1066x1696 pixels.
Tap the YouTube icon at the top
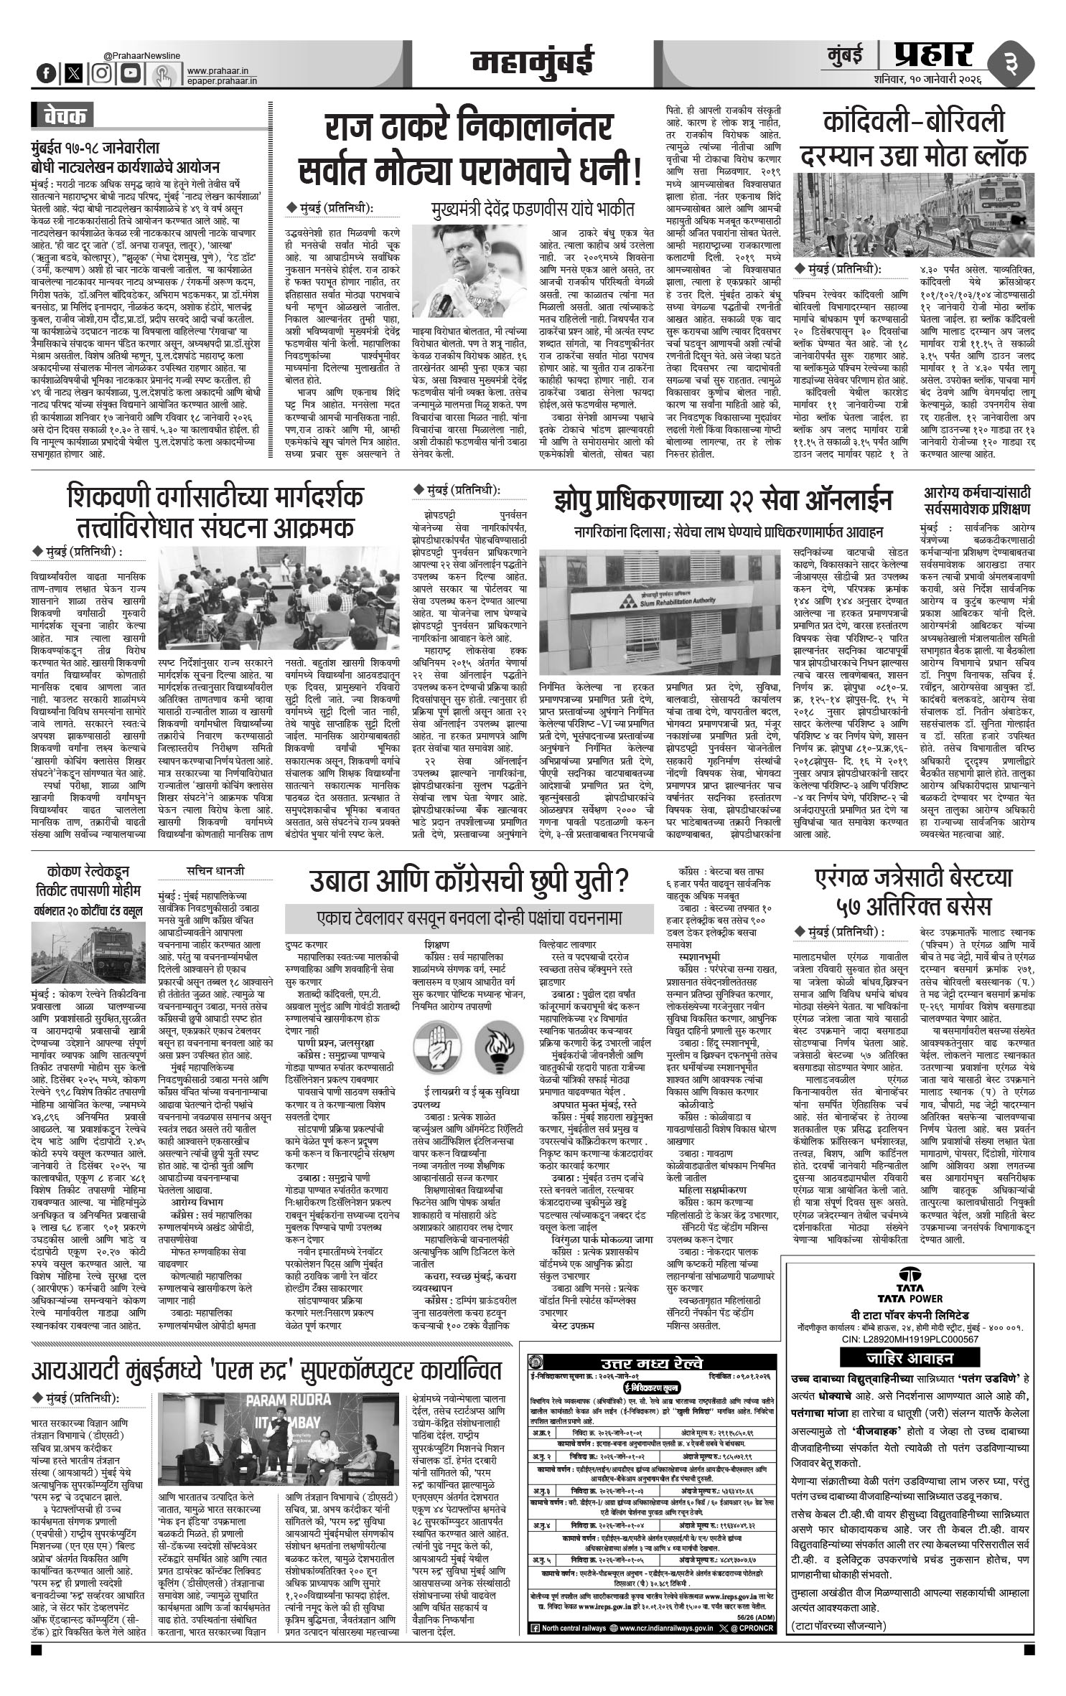pos(129,72)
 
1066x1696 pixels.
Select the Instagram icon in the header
pos(103,72)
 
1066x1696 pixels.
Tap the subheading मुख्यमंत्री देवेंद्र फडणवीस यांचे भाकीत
pos(533,210)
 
